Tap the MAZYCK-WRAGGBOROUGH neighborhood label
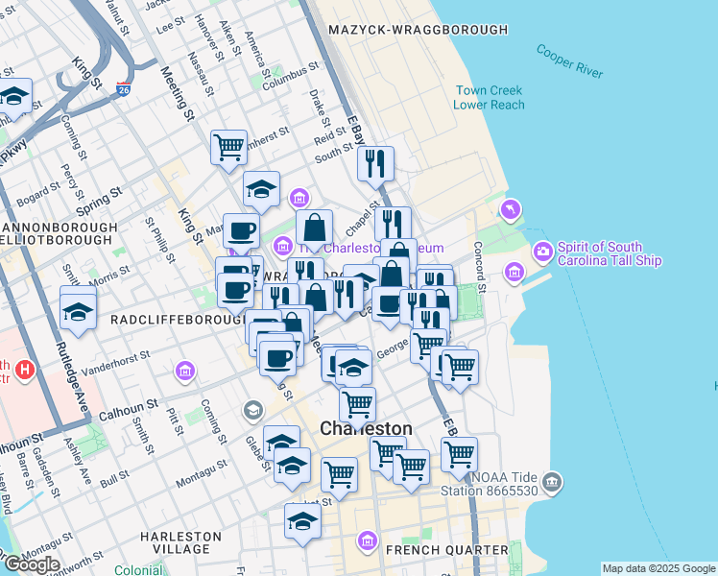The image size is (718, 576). point(419,30)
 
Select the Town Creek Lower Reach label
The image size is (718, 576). point(489,97)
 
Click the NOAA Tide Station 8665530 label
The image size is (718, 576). point(513,484)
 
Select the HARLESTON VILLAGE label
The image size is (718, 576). point(175,542)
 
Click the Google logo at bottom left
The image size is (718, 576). point(31,564)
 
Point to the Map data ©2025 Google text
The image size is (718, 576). point(658,568)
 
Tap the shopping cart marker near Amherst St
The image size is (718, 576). point(229,147)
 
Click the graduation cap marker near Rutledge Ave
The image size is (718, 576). point(78,310)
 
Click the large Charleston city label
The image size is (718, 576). point(366,428)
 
